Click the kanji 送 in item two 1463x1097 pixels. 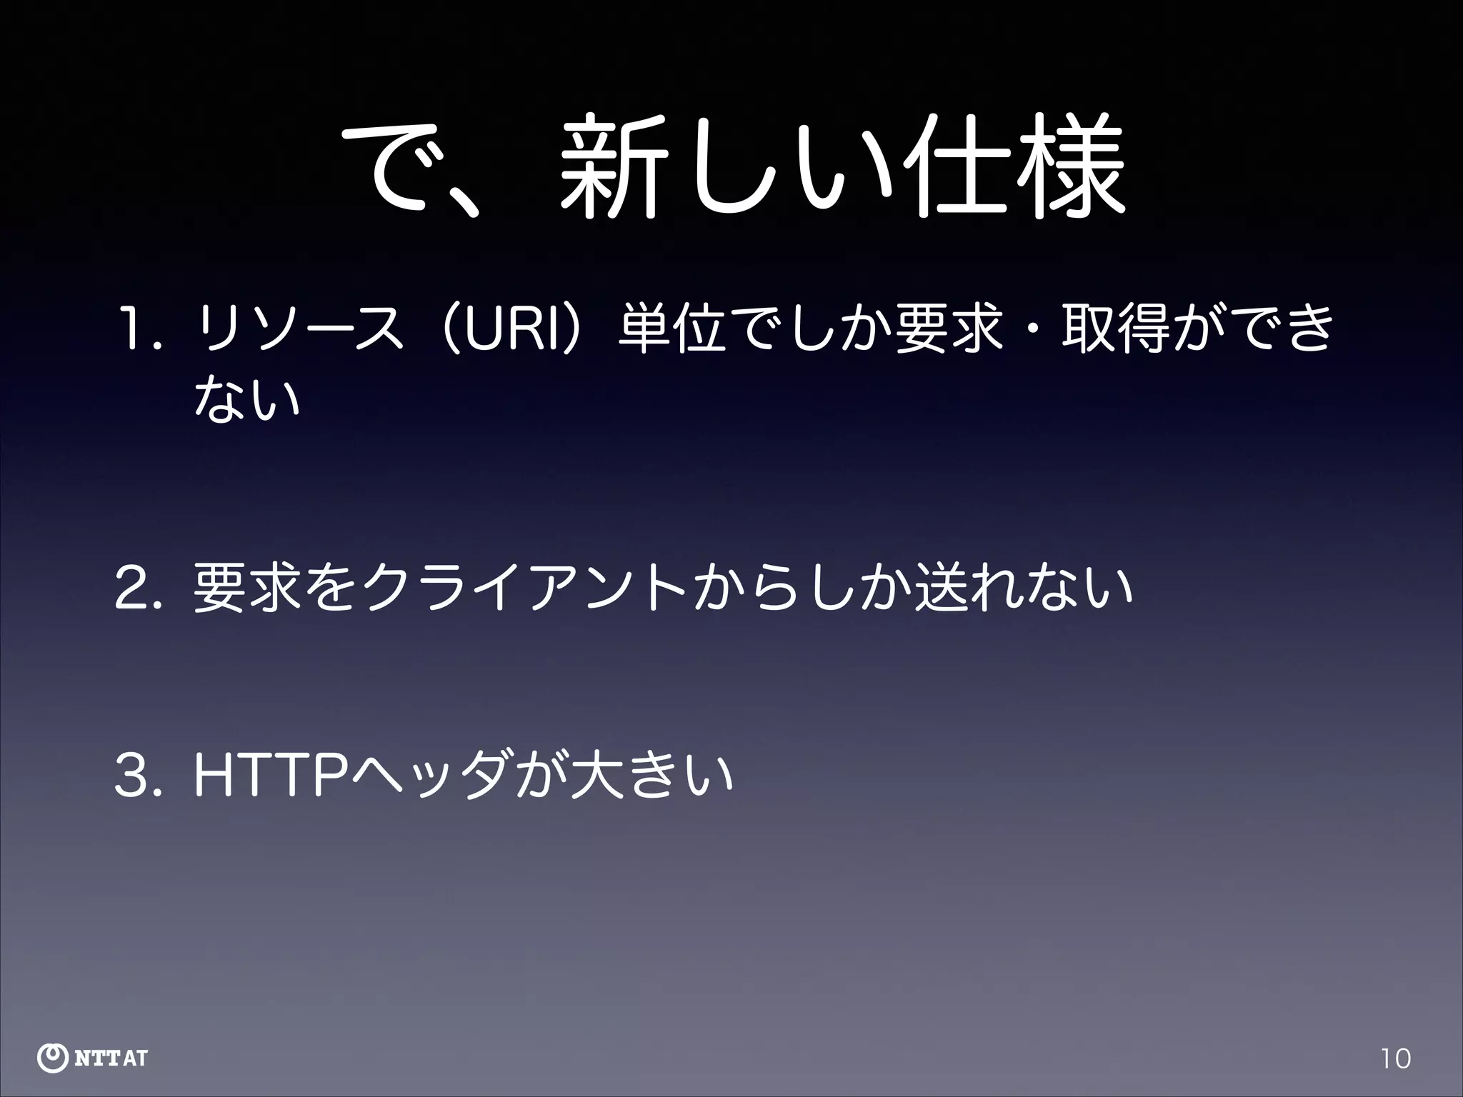(942, 588)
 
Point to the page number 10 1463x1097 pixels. (1395, 1058)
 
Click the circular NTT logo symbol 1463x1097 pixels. (52, 1058)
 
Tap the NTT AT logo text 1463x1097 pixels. (111, 1058)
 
